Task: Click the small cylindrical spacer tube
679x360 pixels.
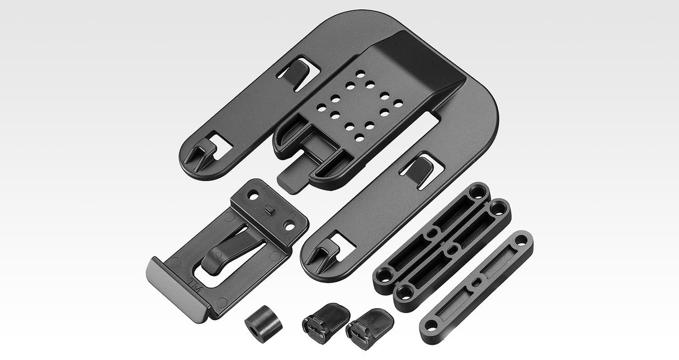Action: (x=264, y=324)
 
